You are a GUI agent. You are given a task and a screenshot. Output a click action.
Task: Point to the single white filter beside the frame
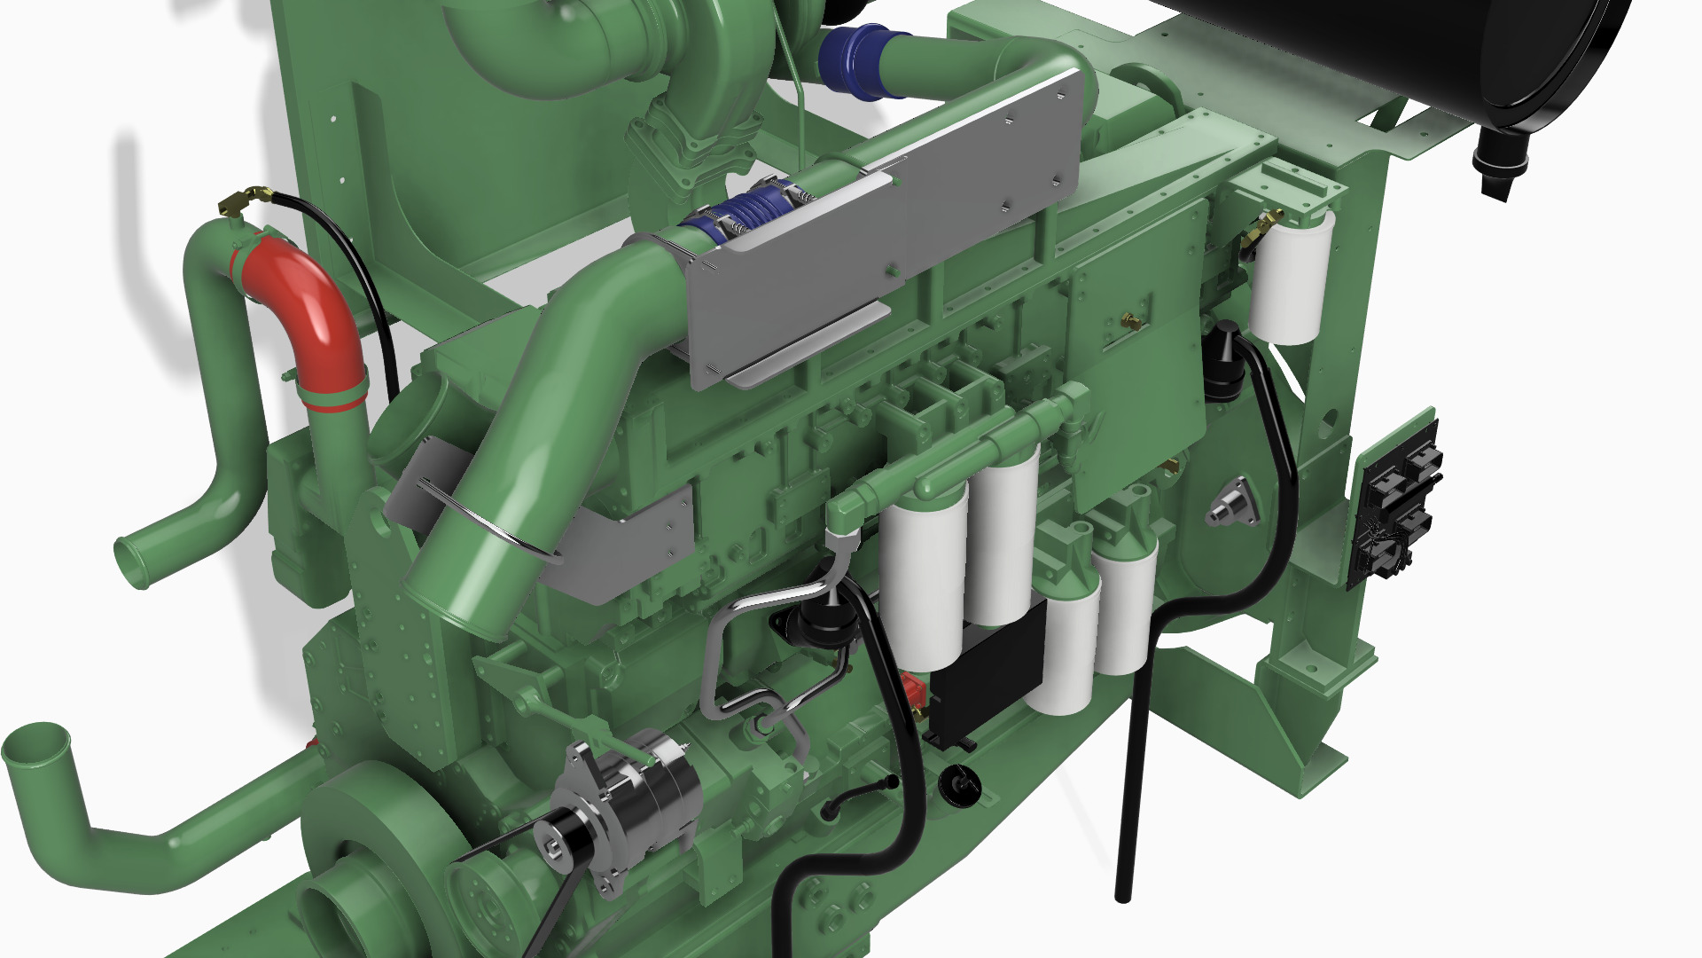pos(1290,275)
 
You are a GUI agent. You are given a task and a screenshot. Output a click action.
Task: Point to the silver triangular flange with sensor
pos(1234,506)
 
